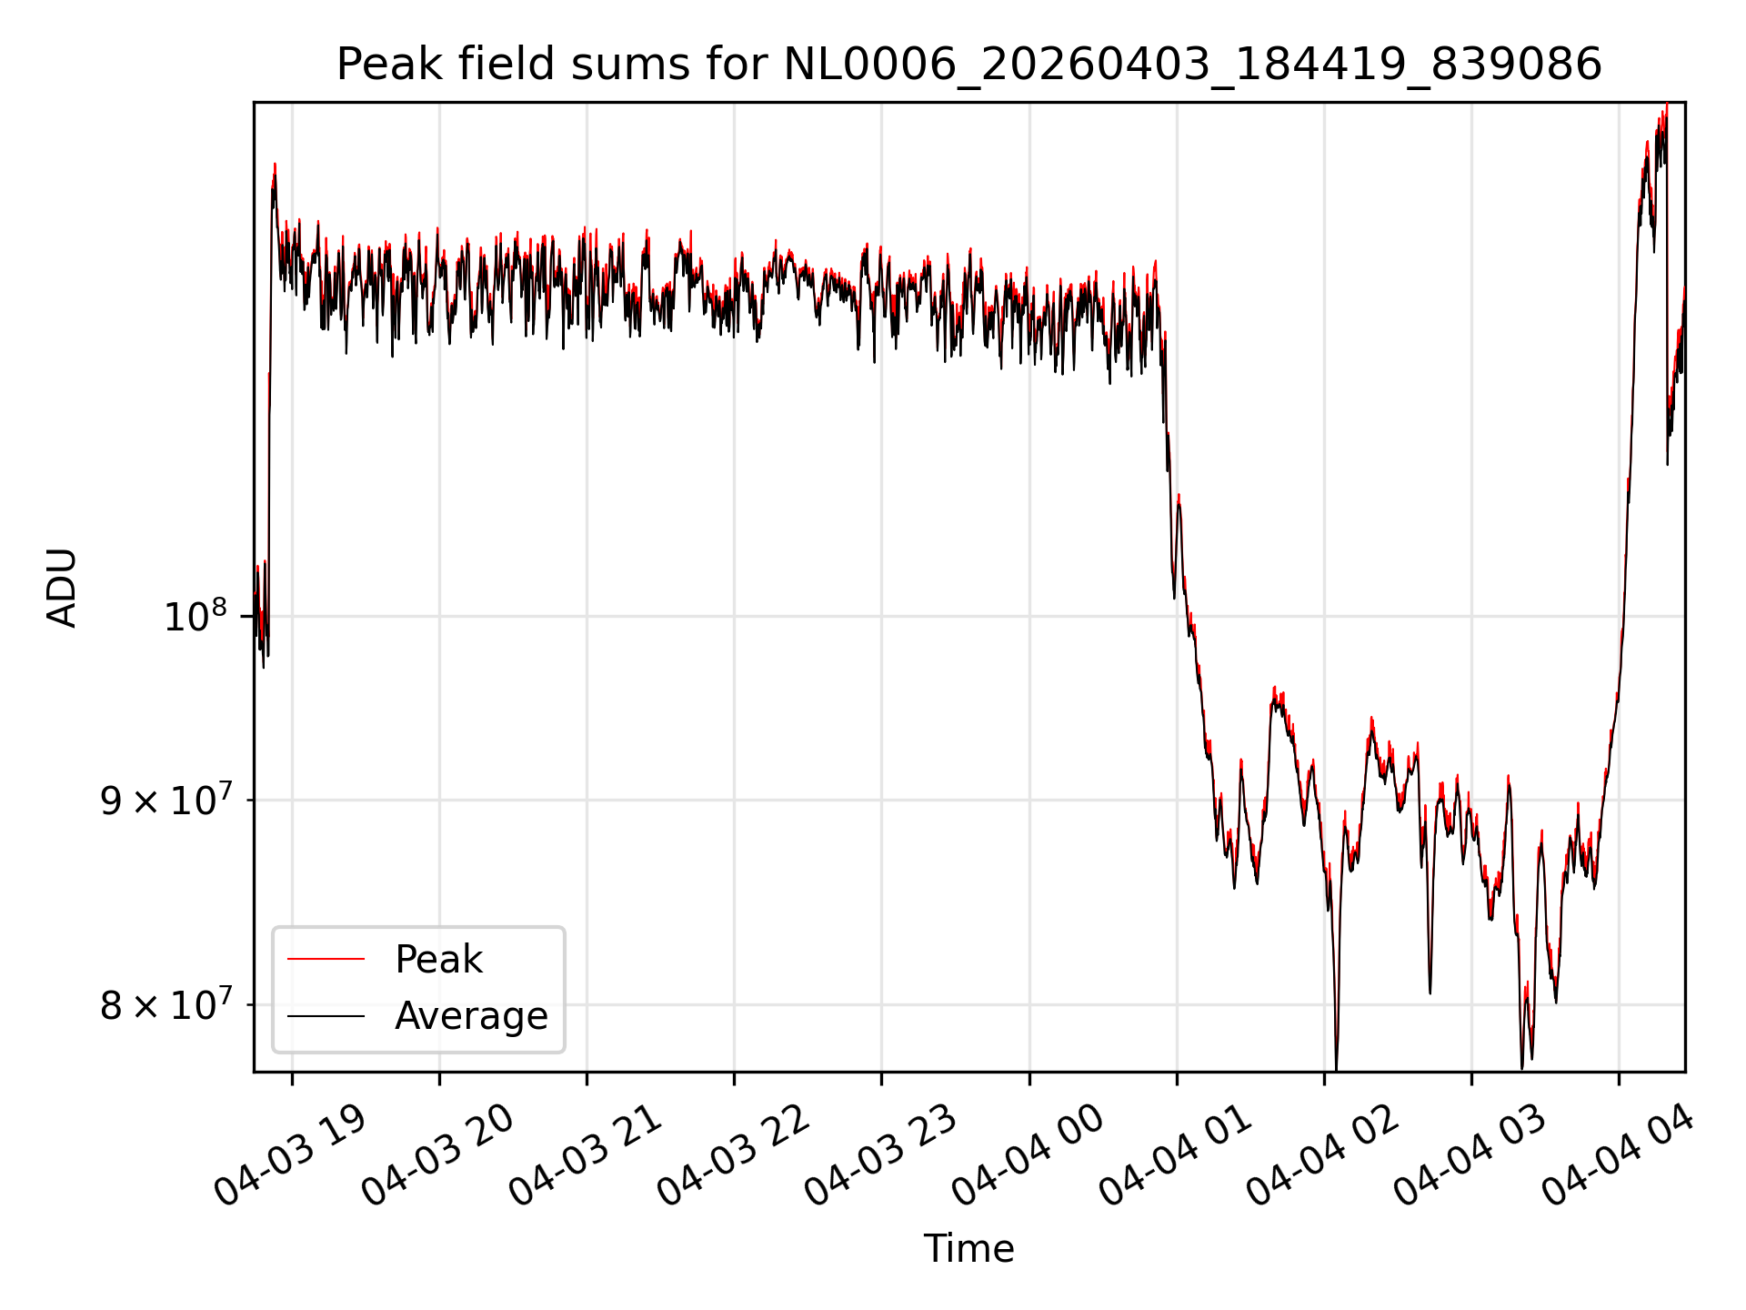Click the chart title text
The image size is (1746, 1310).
click(x=968, y=65)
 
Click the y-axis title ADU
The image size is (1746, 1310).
click(x=62, y=588)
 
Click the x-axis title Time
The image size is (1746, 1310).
click(x=968, y=1248)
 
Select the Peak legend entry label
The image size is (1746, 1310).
click(x=438, y=960)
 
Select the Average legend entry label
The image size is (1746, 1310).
click(x=471, y=1016)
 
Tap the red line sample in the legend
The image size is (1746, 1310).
click(x=326, y=959)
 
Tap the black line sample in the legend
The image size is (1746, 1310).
click(x=326, y=1016)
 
